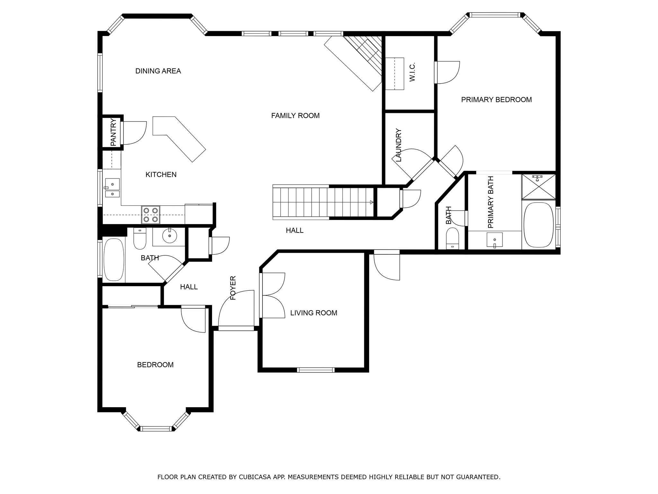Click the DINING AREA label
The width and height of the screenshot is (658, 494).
(x=158, y=71)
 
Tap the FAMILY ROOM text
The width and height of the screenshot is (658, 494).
(x=295, y=116)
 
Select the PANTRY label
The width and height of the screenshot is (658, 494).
(x=113, y=133)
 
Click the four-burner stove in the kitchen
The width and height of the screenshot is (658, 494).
(x=151, y=215)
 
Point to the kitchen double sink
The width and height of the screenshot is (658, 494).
(x=112, y=188)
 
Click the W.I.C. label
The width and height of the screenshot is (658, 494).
(x=413, y=72)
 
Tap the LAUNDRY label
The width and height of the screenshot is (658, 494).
(x=399, y=145)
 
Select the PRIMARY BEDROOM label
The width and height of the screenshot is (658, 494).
(x=496, y=100)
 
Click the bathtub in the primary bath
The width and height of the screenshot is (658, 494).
(x=539, y=225)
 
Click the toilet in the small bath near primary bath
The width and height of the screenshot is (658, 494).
(x=453, y=238)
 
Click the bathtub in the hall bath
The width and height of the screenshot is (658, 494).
(x=113, y=260)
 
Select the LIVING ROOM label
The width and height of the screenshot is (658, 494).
(x=314, y=313)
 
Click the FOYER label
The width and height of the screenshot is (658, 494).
(x=233, y=288)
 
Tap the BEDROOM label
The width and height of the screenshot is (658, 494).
(x=155, y=365)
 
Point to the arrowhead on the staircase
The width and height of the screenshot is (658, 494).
(x=372, y=202)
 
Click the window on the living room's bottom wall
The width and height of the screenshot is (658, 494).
(x=316, y=370)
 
